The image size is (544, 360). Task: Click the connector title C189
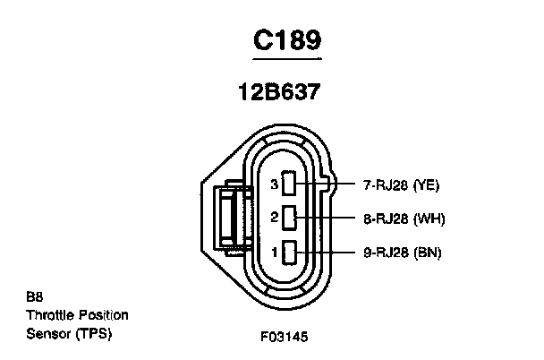[x=287, y=40]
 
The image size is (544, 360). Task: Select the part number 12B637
[x=279, y=92]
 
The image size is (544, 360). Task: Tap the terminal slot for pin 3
[x=289, y=183]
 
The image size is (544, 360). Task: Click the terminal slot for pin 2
[x=289, y=218]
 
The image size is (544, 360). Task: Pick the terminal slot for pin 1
[x=289, y=252]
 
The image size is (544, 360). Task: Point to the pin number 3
[x=275, y=184]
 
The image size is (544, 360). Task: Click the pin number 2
[x=275, y=218]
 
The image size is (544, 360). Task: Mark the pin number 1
[x=275, y=252]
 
